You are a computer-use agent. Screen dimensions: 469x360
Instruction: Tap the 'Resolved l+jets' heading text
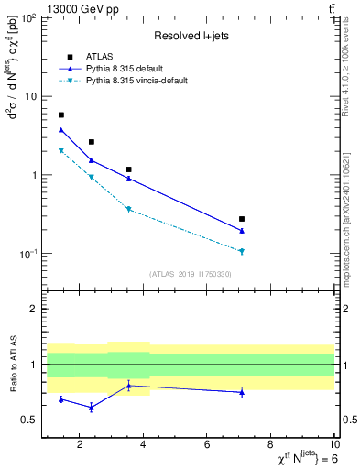[x=191, y=35]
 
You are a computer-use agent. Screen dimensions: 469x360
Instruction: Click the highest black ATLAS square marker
[x=61, y=115]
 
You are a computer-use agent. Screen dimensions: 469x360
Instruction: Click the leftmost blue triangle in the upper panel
[x=61, y=130]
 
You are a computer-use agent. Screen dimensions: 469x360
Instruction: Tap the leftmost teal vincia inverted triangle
[x=61, y=151]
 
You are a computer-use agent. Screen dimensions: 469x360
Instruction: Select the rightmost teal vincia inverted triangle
[x=242, y=251]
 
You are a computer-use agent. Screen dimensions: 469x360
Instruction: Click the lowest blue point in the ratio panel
[x=91, y=408]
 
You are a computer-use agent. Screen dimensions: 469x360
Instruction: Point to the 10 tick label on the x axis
[x=333, y=445]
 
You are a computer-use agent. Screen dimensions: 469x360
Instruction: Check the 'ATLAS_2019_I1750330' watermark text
[x=191, y=274]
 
